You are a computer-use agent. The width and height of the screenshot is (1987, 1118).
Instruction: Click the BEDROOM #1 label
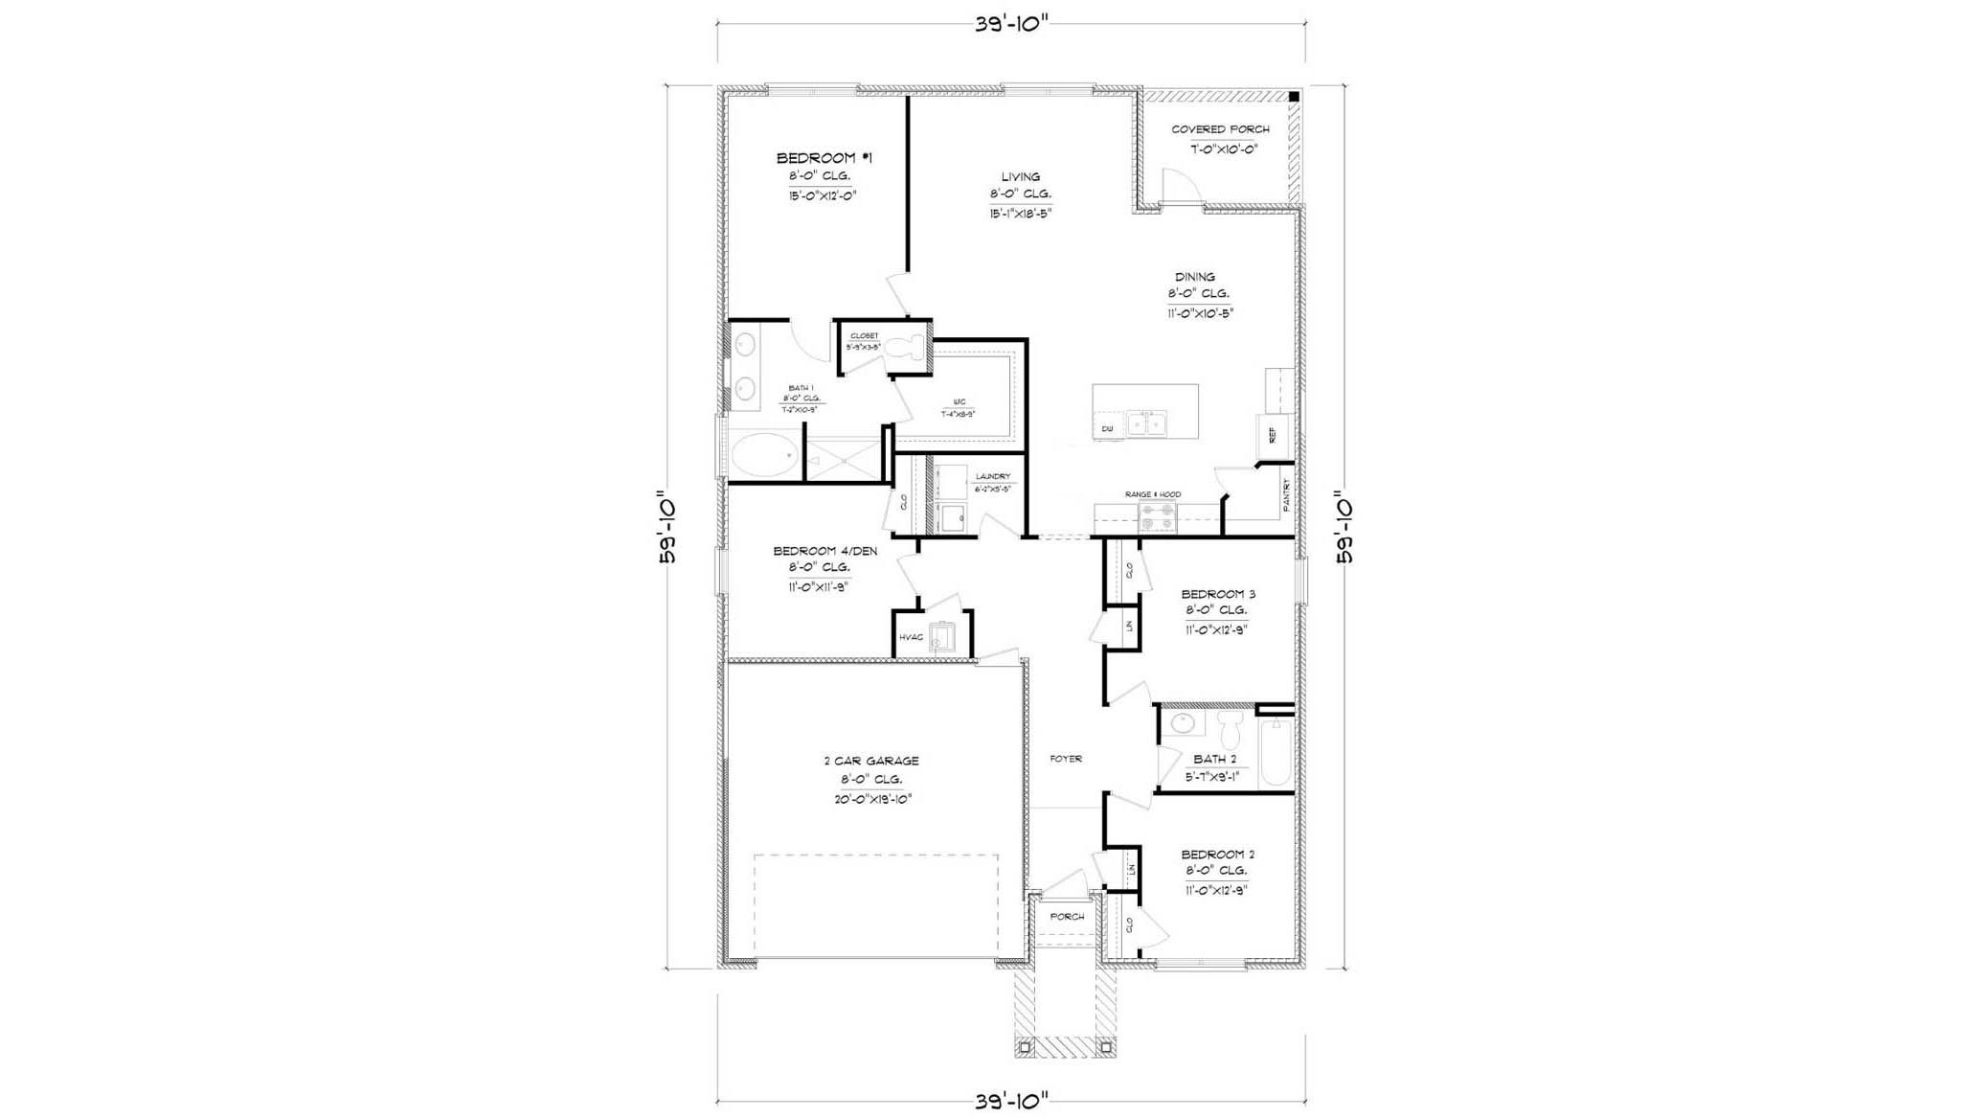coord(824,158)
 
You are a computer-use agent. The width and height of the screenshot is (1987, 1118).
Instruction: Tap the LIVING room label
coord(1020,177)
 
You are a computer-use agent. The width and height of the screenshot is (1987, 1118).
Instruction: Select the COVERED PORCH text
coord(1220,129)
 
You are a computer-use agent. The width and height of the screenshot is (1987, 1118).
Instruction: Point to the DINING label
coord(1194,277)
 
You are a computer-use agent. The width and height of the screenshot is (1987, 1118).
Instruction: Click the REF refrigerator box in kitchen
coord(1273,435)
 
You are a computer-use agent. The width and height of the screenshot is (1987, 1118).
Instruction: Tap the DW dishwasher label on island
coord(1107,428)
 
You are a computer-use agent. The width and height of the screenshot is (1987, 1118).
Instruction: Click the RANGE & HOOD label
coord(1152,494)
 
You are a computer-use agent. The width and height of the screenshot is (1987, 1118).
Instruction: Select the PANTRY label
coord(1286,495)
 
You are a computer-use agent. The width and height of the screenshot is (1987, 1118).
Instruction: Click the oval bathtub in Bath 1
coord(764,455)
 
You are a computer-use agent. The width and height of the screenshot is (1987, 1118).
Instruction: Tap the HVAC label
coord(911,637)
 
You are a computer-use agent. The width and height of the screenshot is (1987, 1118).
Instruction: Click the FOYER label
coord(1065,759)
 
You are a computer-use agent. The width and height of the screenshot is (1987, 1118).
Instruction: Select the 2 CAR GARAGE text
coord(870,761)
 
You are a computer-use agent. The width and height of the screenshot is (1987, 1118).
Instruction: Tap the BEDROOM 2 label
coord(1217,855)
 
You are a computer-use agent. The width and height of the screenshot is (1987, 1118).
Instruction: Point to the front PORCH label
coord(1067,917)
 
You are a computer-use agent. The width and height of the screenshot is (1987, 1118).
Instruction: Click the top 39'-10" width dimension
coord(1011,25)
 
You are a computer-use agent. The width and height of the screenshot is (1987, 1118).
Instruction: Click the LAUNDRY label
coord(992,476)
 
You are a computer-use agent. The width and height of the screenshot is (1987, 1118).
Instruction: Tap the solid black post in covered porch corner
coord(1293,97)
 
